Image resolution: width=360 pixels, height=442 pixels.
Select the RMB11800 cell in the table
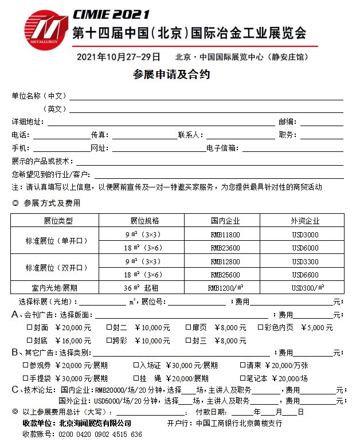(x=225, y=234)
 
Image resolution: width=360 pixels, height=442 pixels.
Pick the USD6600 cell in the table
(x=304, y=274)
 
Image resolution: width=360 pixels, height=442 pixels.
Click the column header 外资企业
(x=304, y=221)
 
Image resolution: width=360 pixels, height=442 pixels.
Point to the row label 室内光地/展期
(x=54, y=287)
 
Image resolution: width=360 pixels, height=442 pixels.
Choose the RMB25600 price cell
(x=225, y=274)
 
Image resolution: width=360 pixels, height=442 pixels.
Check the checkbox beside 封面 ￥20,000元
(x=30, y=328)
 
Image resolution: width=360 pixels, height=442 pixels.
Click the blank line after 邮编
(x=322, y=122)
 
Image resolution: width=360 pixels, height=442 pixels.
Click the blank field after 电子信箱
(x=292, y=148)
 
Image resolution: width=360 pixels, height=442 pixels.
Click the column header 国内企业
(x=225, y=221)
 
